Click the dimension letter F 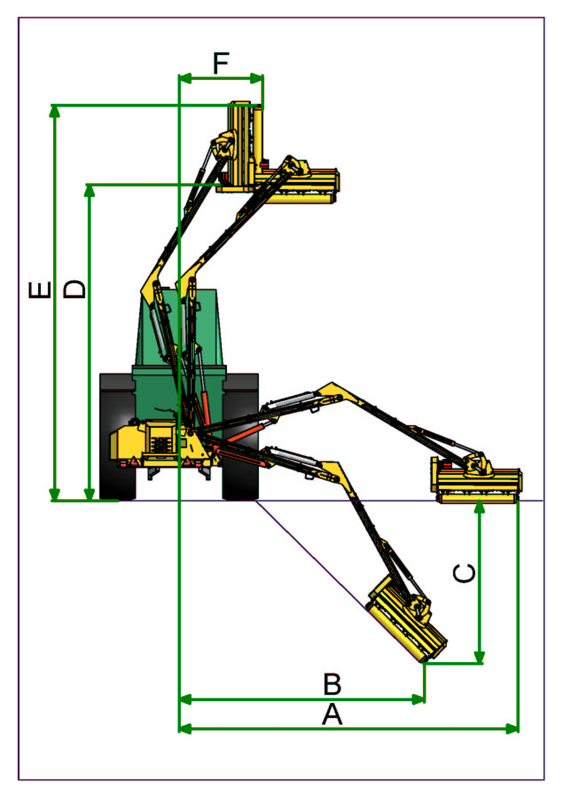pyautogui.click(x=221, y=63)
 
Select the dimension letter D pyautogui.click(x=74, y=289)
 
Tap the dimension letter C pyautogui.click(x=464, y=573)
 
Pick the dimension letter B pyautogui.click(x=332, y=684)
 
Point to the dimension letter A pyautogui.click(x=332, y=715)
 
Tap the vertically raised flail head pyautogui.click(x=244, y=146)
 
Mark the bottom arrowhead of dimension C pyautogui.click(x=479, y=657)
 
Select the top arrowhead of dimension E pyautogui.click(x=55, y=111)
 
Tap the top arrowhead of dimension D pyautogui.click(x=90, y=190)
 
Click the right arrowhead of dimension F pyautogui.click(x=257, y=79)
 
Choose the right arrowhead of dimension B pyautogui.click(x=419, y=700)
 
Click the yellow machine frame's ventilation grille pyautogui.click(x=161, y=444)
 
